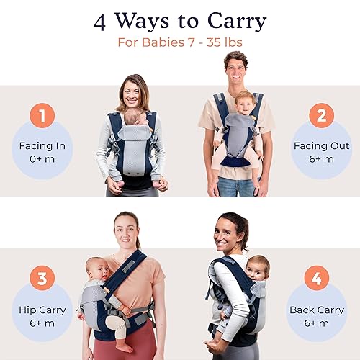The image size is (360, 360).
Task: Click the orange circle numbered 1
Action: [x=42, y=116]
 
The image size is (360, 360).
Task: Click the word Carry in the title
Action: [x=226, y=21]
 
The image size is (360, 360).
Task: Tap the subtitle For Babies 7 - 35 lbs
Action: [x=179, y=42]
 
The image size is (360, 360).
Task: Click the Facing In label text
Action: [x=42, y=146]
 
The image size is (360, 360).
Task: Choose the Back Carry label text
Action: [x=318, y=310]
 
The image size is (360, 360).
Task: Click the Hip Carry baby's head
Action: [x=95, y=269]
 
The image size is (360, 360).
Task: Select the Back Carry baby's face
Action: [x=256, y=269]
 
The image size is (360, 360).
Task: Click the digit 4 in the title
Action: [x=102, y=21]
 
